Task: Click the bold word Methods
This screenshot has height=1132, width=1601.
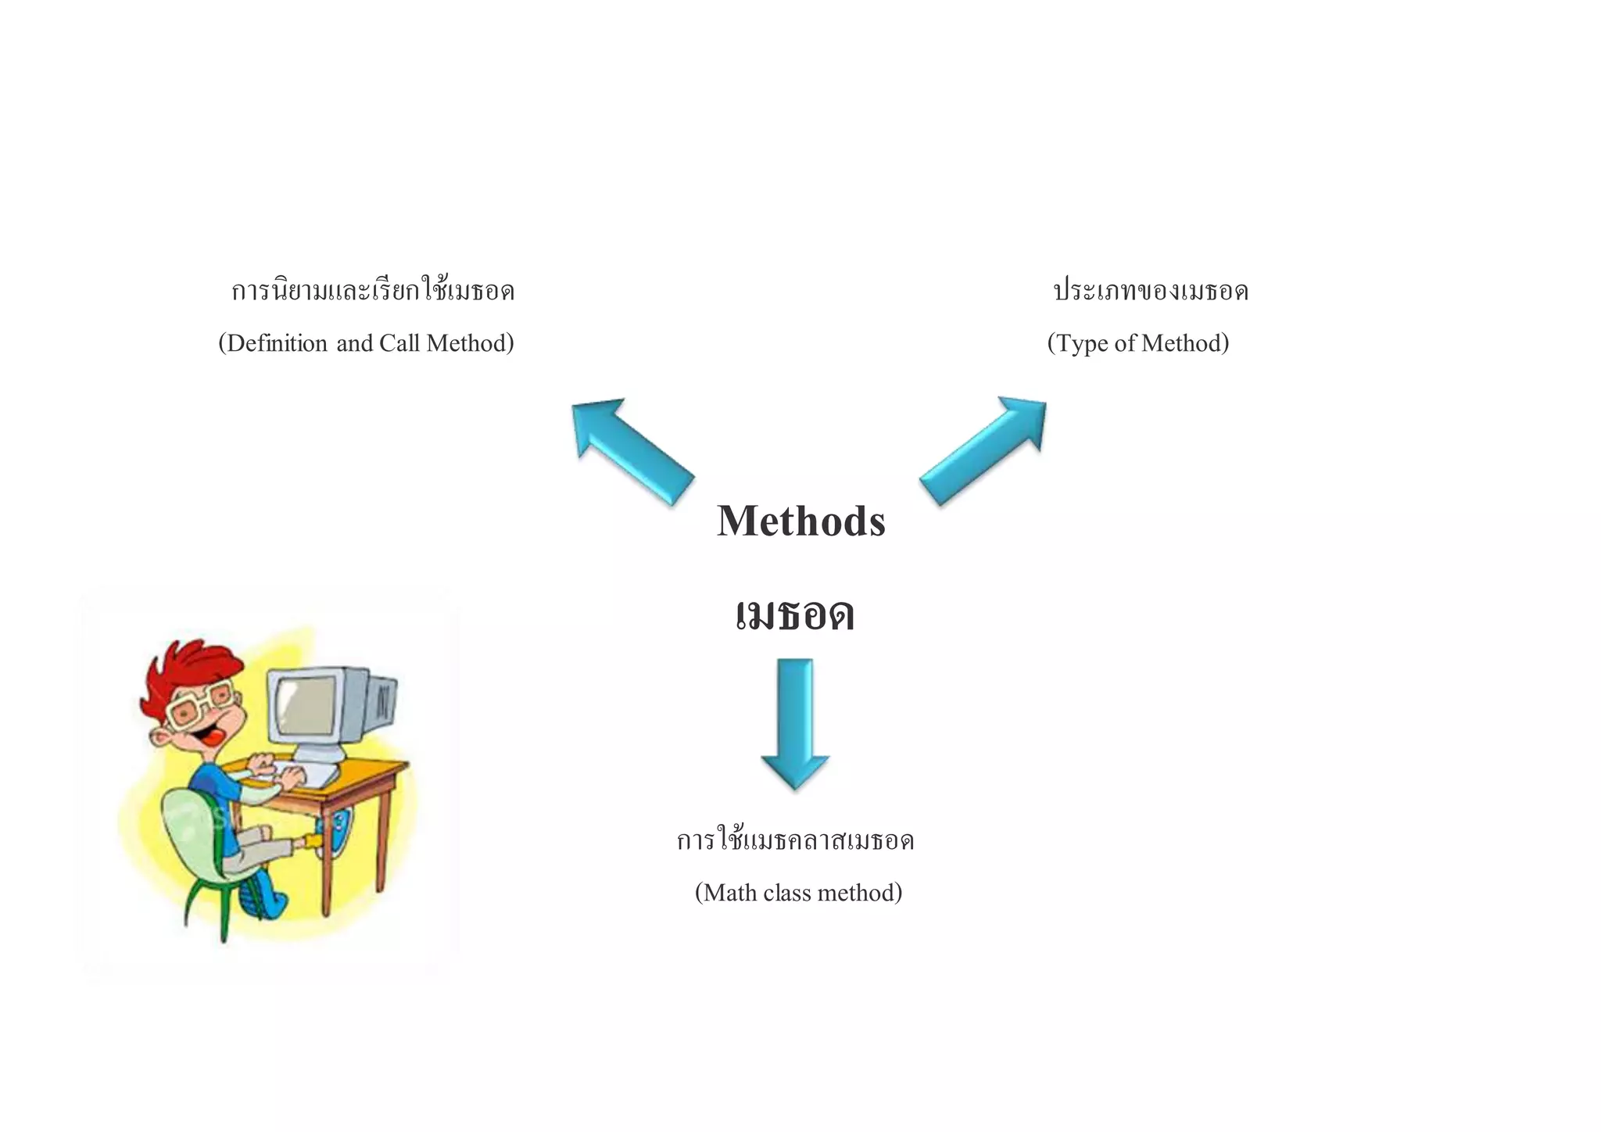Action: tap(800, 521)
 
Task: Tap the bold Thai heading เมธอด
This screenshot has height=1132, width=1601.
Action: tap(795, 614)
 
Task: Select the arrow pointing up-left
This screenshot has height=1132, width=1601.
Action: tap(630, 450)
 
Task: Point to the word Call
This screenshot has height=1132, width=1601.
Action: tap(399, 343)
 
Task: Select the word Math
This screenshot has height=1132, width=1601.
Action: tap(730, 893)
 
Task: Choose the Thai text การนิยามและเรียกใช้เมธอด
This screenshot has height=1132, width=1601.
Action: tap(373, 292)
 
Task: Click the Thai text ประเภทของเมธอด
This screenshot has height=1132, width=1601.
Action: tap(1151, 292)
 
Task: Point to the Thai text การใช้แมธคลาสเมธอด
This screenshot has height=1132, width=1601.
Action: tap(795, 841)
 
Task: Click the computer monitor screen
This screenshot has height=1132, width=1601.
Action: tap(307, 705)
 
